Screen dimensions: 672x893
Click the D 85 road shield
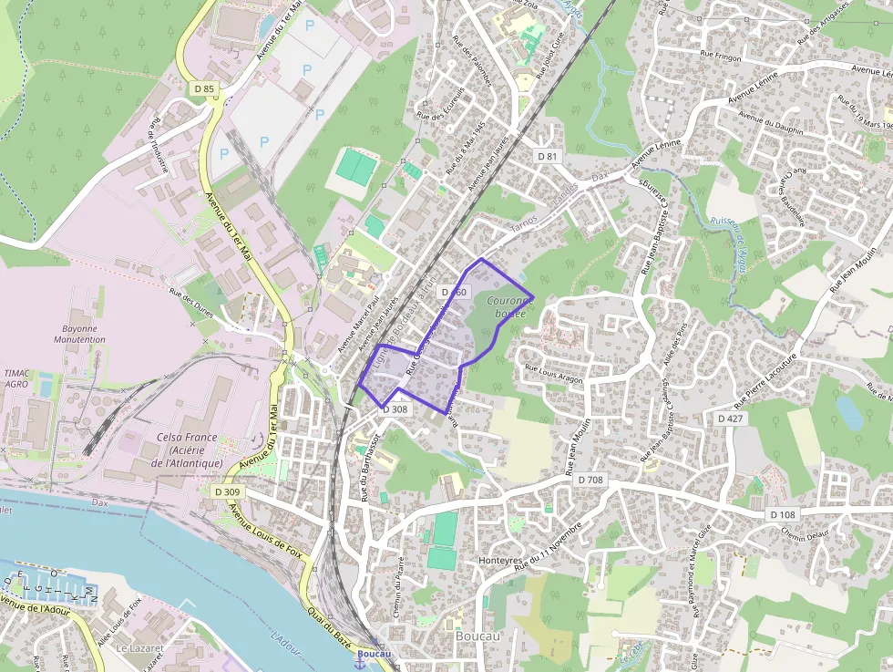204,88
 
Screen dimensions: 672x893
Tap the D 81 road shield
547,157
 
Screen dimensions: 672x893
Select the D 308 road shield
395,409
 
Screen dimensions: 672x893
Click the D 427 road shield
731,418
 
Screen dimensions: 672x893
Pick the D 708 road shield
590,479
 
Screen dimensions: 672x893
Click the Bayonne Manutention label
84,333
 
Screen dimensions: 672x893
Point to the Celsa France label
188,450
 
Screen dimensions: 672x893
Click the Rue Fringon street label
722,56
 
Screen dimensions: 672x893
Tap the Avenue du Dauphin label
771,123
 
